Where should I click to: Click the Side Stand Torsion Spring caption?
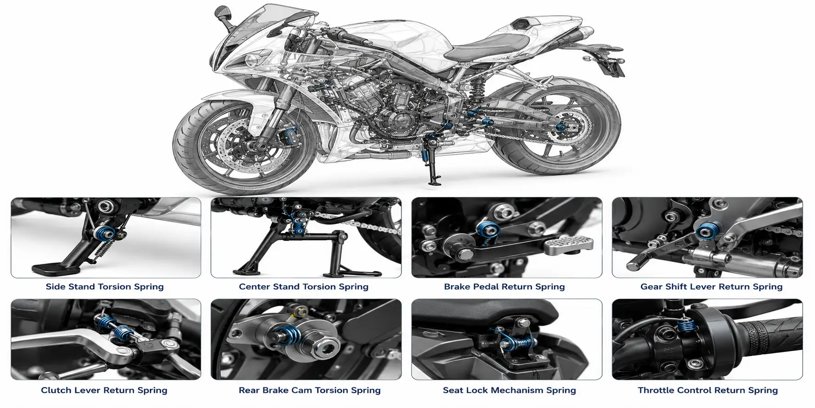point(105,287)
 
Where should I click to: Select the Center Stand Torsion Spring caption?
point(304,287)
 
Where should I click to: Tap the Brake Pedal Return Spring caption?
point(504,287)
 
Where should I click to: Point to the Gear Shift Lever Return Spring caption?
point(712,287)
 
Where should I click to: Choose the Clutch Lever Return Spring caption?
point(104,390)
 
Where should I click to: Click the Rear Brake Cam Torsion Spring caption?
point(310,390)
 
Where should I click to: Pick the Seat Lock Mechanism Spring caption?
point(509,390)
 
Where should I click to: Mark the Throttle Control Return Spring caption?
point(708,390)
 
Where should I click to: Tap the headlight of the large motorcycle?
point(252,59)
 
